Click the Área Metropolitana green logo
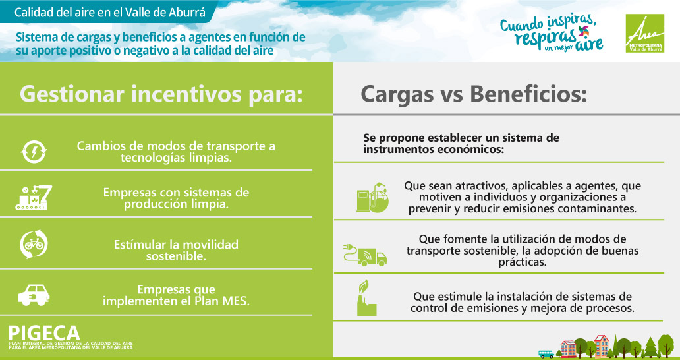644,34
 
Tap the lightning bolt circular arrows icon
34,152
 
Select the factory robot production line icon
34,198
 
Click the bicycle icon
34,244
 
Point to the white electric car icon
34,295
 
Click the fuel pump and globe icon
372,197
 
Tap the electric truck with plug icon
365,255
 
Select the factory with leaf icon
366,297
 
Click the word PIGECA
44,333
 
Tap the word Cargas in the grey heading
397,94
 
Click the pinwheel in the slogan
584,31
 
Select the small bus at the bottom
546,354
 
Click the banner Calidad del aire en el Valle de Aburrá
110,12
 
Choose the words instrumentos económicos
434,150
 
